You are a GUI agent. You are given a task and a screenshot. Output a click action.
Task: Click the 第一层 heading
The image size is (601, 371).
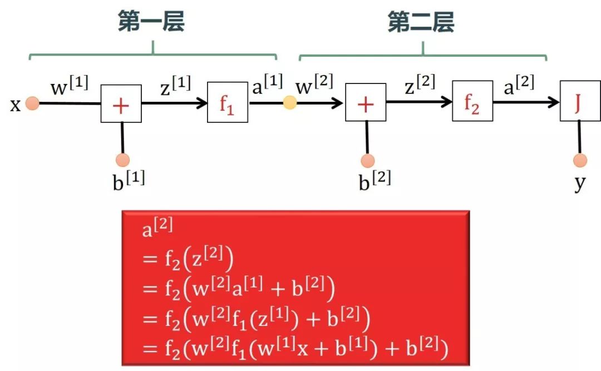(151, 22)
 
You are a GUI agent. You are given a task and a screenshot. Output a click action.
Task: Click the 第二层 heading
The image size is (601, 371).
(421, 22)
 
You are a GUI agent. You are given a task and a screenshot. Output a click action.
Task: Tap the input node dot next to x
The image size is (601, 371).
(32, 104)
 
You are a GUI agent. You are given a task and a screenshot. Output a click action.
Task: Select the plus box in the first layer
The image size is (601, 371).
(121, 104)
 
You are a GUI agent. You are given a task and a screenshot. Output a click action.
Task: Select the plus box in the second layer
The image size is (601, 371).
(365, 104)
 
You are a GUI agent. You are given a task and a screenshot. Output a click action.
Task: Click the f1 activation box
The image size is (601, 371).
(227, 103)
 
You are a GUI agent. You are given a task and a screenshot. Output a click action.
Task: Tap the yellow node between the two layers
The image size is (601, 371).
(290, 103)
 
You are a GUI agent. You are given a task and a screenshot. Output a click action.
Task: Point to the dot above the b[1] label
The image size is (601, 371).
(123, 160)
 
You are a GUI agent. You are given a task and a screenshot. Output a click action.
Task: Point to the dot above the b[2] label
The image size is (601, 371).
(367, 161)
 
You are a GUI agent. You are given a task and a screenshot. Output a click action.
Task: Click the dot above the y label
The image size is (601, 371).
(580, 161)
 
